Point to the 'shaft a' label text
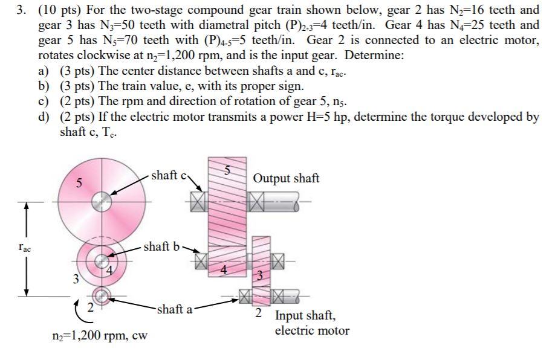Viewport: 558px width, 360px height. click(x=174, y=309)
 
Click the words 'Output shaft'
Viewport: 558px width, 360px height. click(x=286, y=178)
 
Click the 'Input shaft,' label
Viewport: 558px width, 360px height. click(x=305, y=315)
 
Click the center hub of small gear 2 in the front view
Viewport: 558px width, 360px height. click(x=102, y=295)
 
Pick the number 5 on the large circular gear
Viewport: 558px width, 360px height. click(x=79, y=182)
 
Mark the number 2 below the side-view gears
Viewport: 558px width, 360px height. click(x=258, y=313)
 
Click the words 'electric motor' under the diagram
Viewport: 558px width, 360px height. click(x=312, y=330)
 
